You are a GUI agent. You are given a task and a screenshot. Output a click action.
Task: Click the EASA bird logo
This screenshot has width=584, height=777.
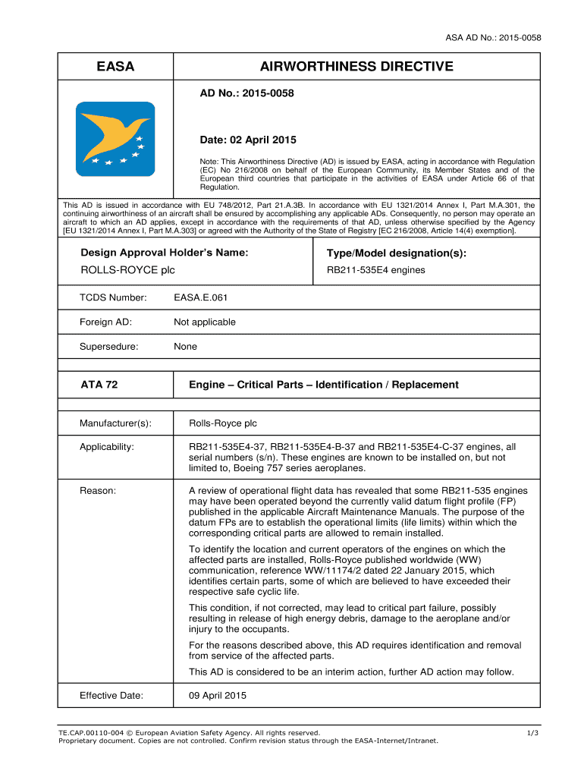coord(115,139)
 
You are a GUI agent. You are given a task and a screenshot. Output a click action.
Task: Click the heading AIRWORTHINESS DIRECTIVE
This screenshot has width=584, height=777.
coord(356,67)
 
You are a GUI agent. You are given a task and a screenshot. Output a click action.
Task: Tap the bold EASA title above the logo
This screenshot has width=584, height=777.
coord(115,67)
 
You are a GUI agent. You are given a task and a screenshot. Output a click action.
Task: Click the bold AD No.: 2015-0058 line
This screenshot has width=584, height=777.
coord(246,93)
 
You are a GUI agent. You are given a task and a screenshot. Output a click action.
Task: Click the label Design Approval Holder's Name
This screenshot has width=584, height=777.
coord(165,253)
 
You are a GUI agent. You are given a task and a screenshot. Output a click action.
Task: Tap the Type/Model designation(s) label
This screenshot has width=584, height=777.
coord(396,253)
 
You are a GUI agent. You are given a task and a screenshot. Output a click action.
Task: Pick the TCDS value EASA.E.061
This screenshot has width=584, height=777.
coord(200,297)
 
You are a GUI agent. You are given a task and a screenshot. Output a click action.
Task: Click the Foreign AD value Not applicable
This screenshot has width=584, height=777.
coord(204,322)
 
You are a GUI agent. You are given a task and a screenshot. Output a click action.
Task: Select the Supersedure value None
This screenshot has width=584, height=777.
coord(185,346)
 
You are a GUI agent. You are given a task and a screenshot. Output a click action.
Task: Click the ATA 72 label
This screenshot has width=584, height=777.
coord(99,385)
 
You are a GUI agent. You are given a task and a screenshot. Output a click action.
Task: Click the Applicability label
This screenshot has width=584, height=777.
coord(107,447)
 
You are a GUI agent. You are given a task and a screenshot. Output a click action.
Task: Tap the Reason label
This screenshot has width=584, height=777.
coord(98,491)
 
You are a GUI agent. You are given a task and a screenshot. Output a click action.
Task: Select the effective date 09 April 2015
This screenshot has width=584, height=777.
coord(218,696)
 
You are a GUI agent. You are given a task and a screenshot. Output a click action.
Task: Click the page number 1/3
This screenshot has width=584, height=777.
coord(532,732)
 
